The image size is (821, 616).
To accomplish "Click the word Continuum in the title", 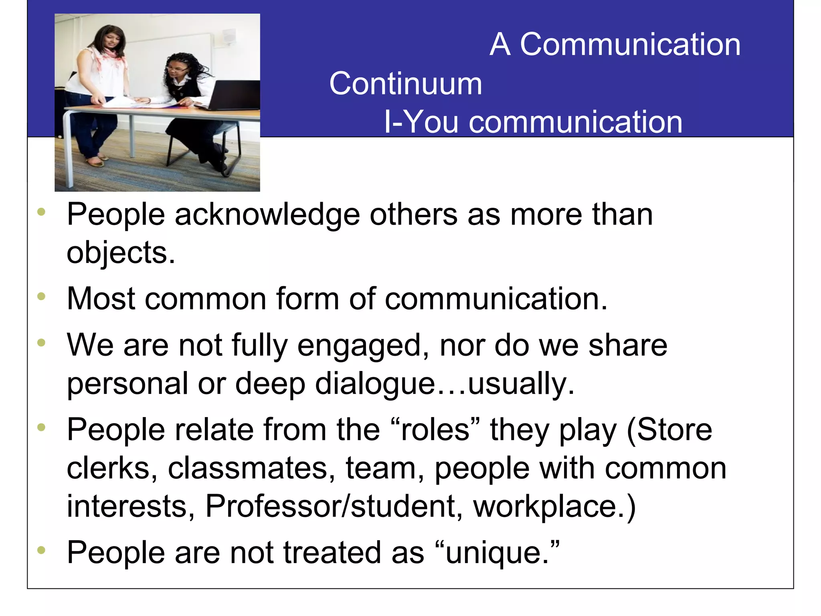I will pyautogui.click(x=405, y=84).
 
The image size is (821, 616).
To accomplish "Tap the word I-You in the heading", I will pyautogui.click(x=421, y=122).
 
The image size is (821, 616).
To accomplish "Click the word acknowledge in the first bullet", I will pyautogui.click(x=267, y=215).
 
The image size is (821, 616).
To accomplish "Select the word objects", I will pyautogui.click(x=120, y=253).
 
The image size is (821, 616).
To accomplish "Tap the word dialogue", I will pyautogui.click(x=375, y=384).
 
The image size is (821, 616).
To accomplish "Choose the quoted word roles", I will pyautogui.click(x=435, y=430).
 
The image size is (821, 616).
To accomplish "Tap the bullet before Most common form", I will pyautogui.click(x=41, y=297).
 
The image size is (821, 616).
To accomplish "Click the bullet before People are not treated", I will pyautogui.click(x=41, y=550).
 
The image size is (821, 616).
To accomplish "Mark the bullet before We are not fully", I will pyautogui.click(x=41, y=343).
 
